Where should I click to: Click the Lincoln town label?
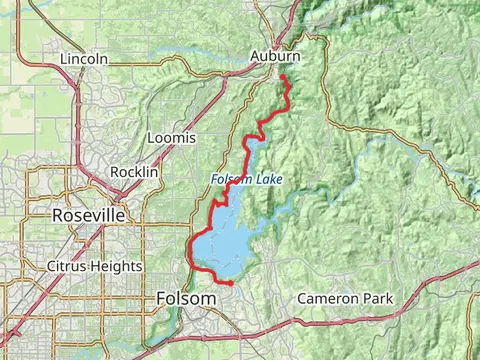point(83,59)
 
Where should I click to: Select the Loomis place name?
point(171,137)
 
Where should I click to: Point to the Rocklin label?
point(135,172)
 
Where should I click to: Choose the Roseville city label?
point(89,215)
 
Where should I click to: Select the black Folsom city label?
point(186,299)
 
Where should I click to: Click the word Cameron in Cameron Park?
point(331,299)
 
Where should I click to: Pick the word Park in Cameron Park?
point(378,299)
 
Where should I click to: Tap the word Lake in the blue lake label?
point(268,180)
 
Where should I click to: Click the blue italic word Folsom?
point(230,180)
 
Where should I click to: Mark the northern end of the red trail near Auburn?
point(282,77)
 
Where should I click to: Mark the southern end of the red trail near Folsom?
point(231,284)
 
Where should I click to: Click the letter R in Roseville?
point(59,215)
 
